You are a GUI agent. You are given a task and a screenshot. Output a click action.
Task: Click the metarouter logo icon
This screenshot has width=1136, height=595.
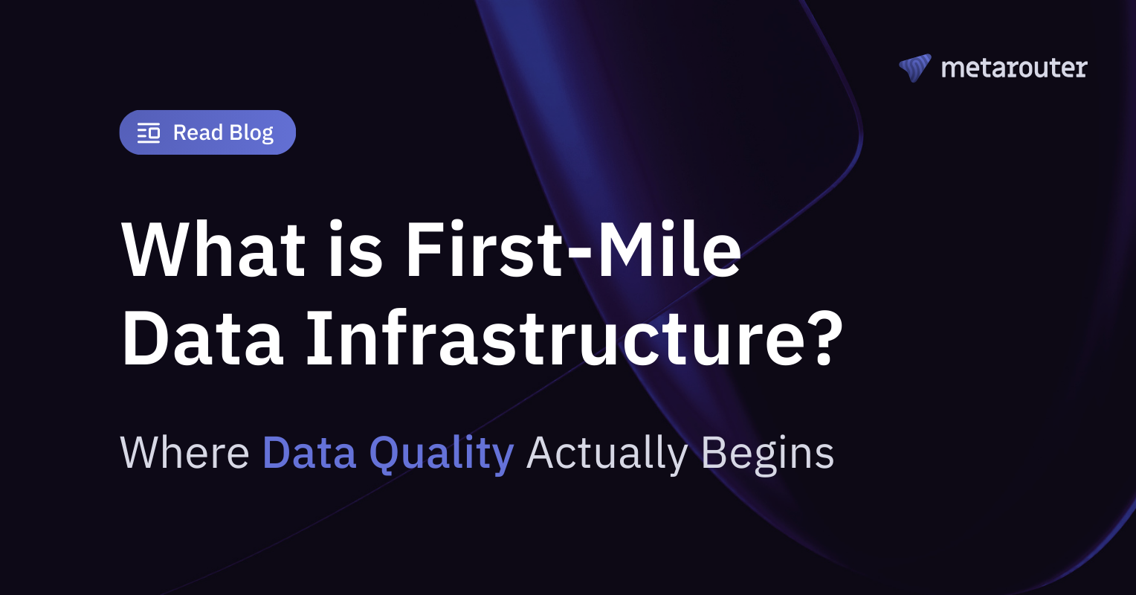coord(914,68)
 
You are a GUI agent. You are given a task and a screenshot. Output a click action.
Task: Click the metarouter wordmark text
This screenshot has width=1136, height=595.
coord(1014,68)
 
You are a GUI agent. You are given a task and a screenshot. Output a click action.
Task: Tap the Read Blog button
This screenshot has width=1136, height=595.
coord(207,132)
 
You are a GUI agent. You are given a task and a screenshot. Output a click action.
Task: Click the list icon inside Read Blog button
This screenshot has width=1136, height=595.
coord(149,133)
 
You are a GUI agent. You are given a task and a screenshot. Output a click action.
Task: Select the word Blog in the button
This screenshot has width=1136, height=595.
coord(251,133)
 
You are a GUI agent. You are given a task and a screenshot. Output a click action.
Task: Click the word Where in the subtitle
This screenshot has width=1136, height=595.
coord(184,452)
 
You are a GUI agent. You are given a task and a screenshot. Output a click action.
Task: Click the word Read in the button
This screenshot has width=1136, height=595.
coord(198,133)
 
